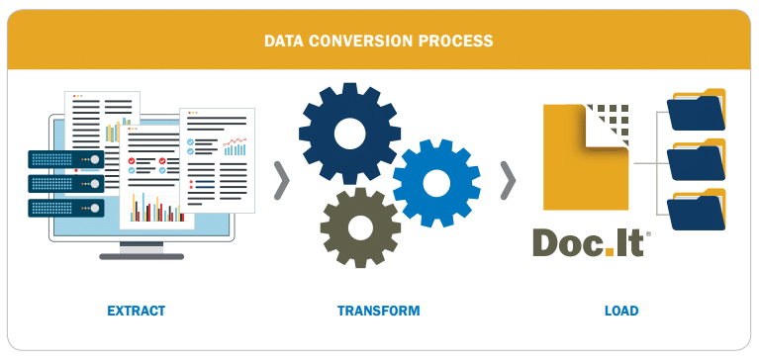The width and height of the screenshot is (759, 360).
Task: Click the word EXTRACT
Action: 136,311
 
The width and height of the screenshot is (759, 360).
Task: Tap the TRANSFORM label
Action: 378,311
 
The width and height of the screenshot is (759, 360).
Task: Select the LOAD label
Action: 621,311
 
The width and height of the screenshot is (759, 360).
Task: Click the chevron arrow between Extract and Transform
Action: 281,178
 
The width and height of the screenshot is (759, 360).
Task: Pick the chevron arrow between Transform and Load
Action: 508,178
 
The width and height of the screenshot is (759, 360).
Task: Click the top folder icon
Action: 697,111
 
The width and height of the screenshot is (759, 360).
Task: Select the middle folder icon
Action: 697,161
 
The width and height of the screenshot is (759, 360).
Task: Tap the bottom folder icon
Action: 697,210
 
